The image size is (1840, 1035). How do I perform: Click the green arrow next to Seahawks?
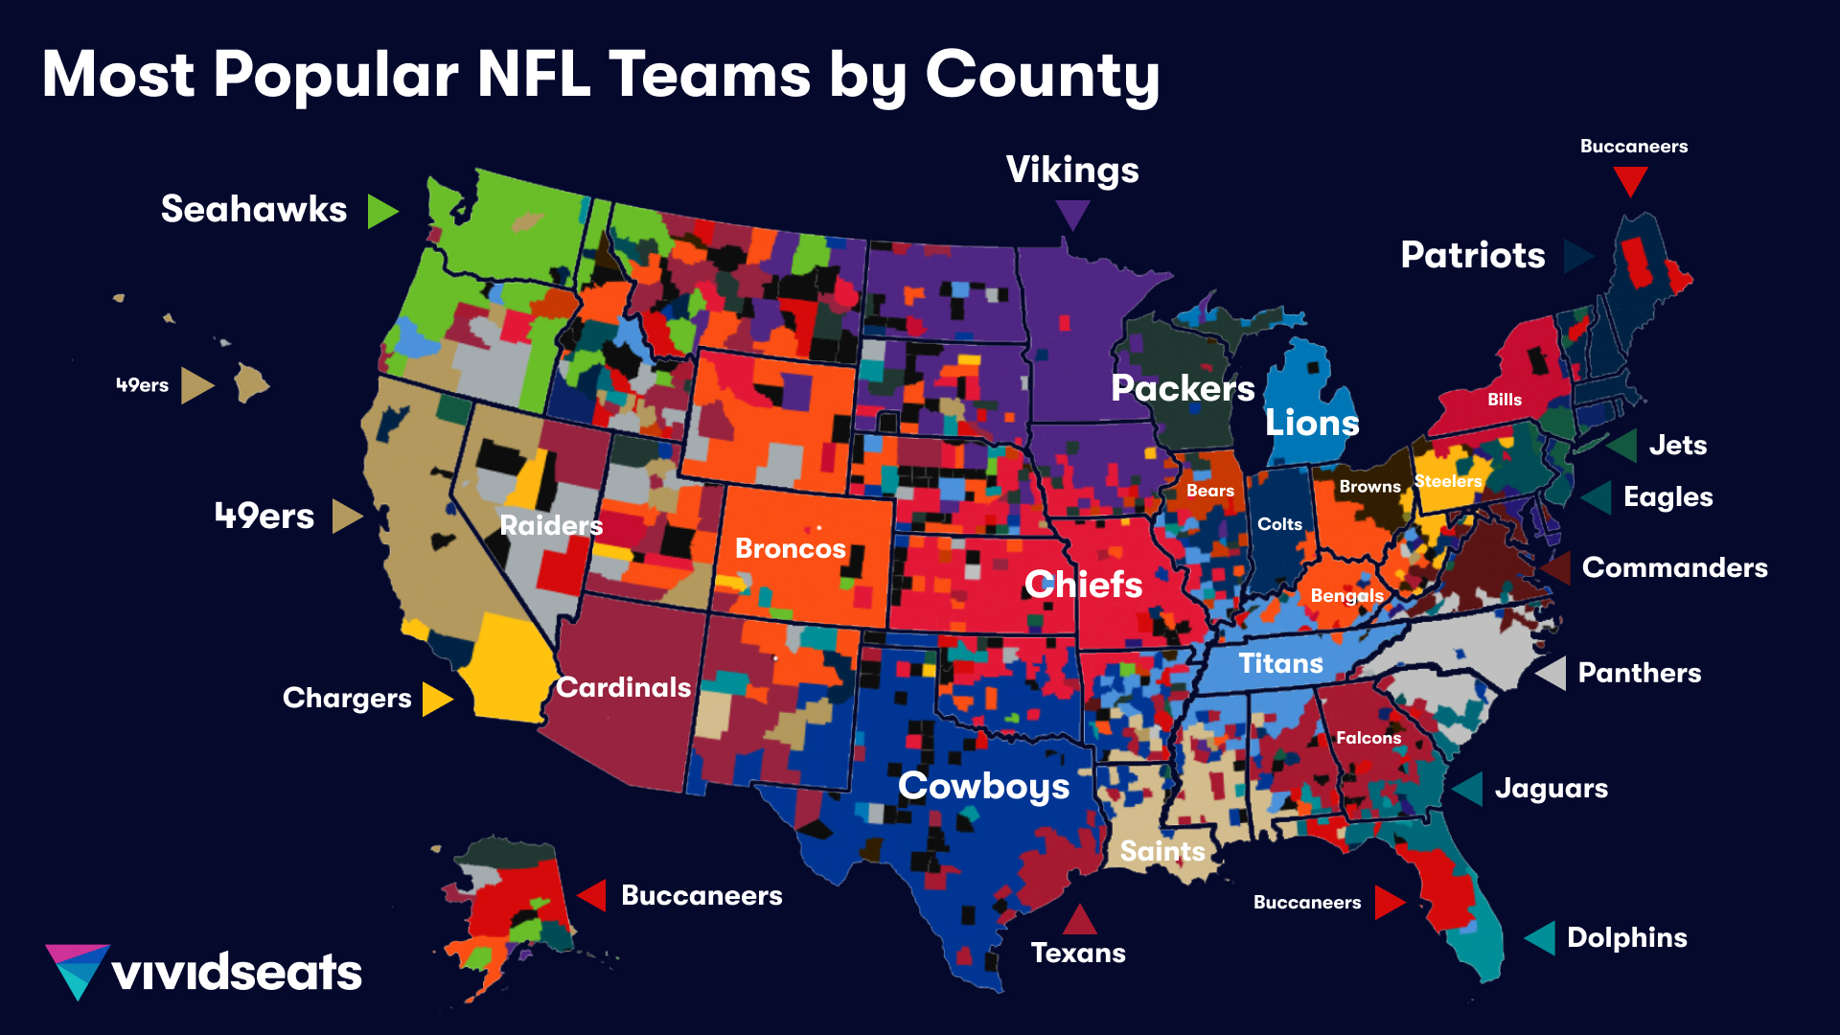[x=380, y=211]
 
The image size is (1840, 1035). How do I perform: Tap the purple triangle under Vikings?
[x=1072, y=212]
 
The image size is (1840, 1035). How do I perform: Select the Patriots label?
[x=1472, y=255]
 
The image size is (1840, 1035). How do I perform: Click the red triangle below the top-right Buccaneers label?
[x=1629, y=179]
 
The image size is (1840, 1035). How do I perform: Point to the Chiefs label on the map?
[x=1083, y=584]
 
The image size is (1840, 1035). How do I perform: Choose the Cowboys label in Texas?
[x=983, y=786]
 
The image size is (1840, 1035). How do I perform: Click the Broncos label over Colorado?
[x=790, y=548]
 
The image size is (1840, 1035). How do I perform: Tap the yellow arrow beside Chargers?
[x=435, y=699]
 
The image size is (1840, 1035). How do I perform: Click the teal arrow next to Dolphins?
[x=1541, y=937]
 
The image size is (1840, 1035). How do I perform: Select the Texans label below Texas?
[x=1078, y=953]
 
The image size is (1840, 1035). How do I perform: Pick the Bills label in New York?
[x=1504, y=400]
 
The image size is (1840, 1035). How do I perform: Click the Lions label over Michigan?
[x=1312, y=423]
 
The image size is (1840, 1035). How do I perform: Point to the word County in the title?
[x=1042, y=75]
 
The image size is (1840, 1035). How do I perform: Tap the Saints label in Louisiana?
[x=1161, y=851]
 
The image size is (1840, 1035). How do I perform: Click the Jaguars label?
[x=1551, y=788]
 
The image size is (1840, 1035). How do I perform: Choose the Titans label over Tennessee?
[x=1280, y=663]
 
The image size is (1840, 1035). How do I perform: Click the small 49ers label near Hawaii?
[x=142, y=385]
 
